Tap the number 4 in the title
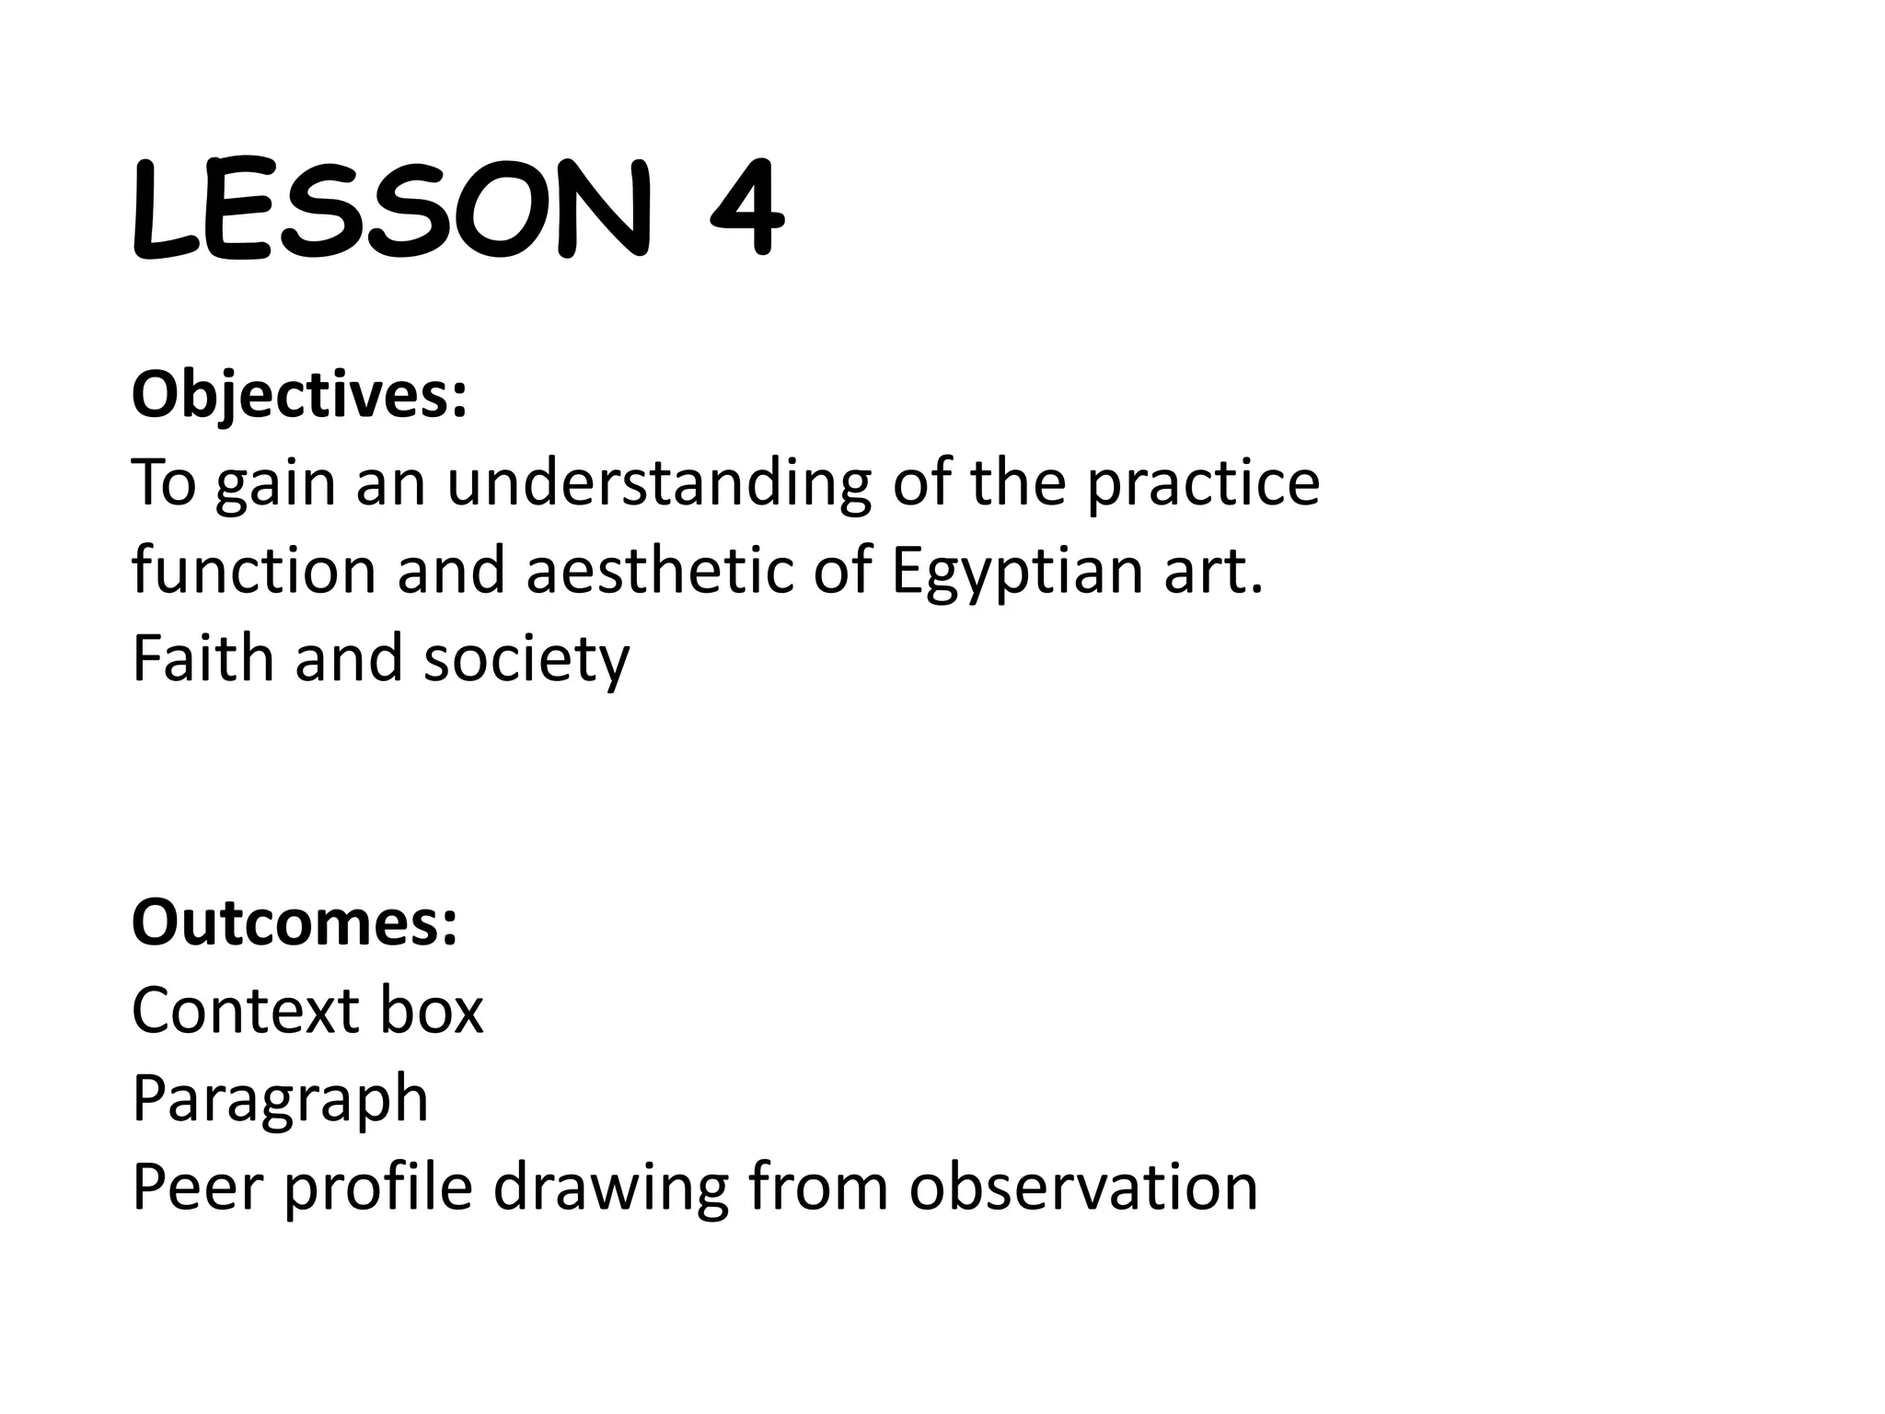pos(747,210)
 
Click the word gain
pos(275,484)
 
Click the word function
pos(254,571)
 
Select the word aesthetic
pos(658,571)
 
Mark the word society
pos(526,660)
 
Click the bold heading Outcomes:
pos(295,922)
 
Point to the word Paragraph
pos(280,1099)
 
